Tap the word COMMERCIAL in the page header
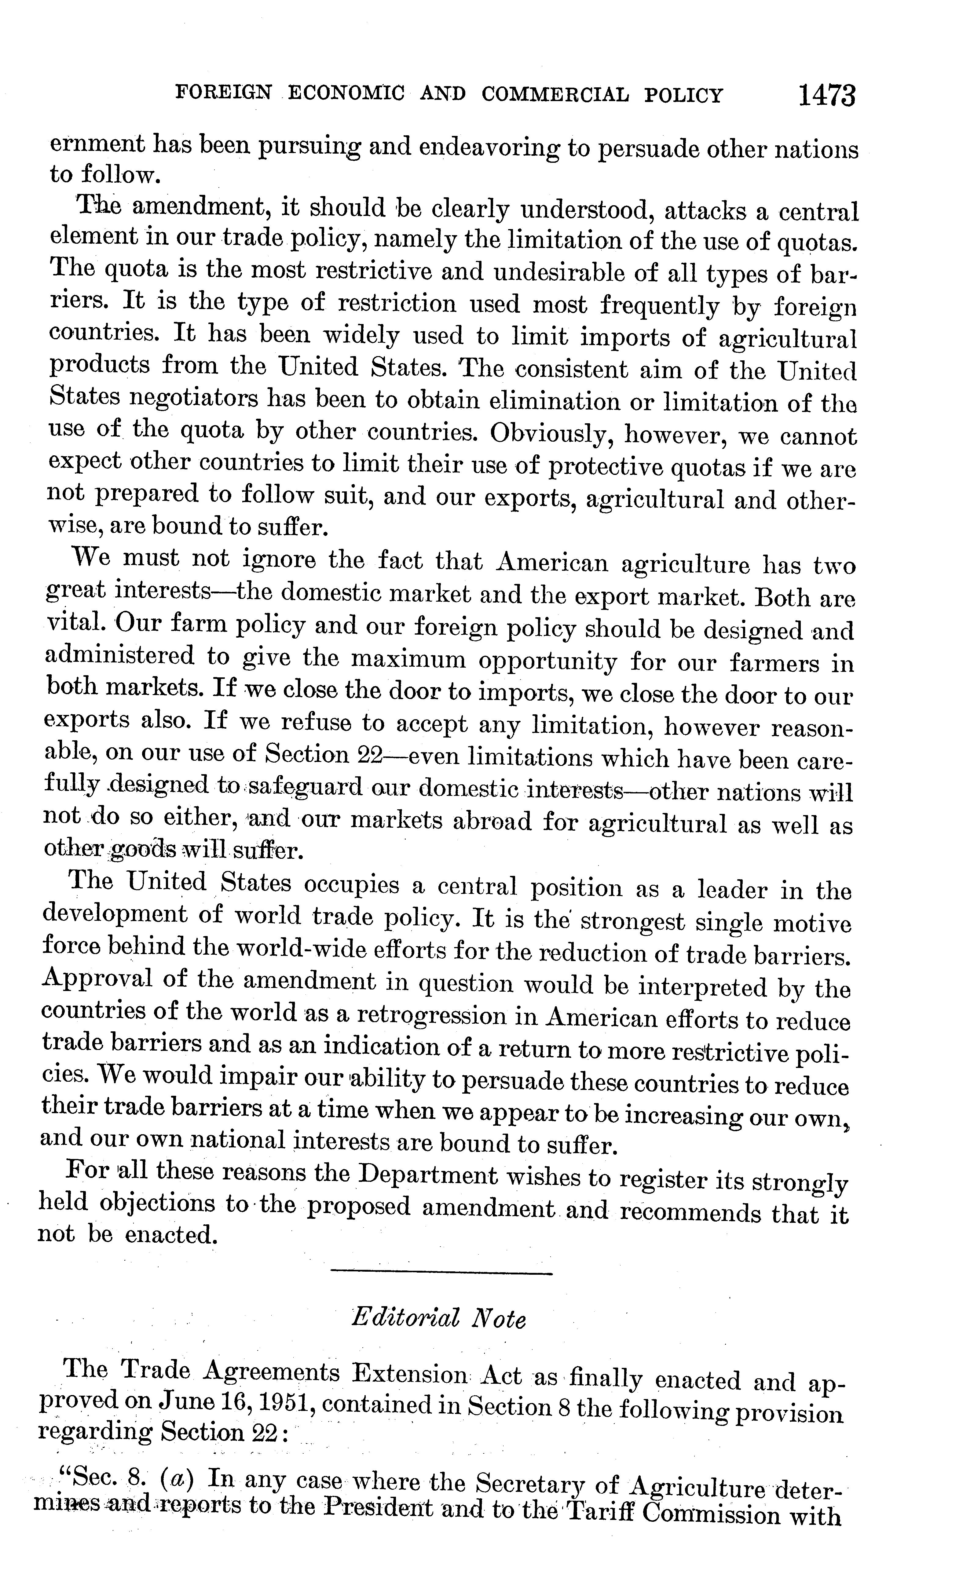pyautogui.click(x=555, y=95)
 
